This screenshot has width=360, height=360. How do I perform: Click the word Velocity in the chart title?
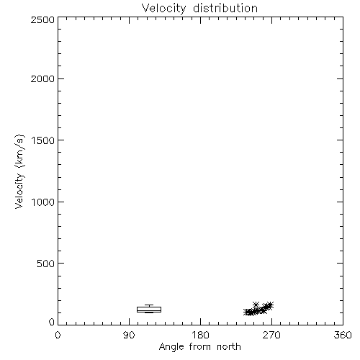[x=164, y=9]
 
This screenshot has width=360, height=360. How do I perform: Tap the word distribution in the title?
[x=225, y=9]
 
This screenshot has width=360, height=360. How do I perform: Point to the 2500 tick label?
[x=42, y=19]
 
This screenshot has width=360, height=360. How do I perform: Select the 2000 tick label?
[x=42, y=78]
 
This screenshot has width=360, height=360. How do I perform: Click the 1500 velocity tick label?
[x=43, y=140]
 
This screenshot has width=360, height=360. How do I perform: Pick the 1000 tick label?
[x=43, y=202]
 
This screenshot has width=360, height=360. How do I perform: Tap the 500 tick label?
[x=46, y=264]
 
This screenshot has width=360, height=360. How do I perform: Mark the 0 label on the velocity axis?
[x=52, y=322]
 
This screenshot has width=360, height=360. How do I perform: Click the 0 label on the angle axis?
[x=58, y=335]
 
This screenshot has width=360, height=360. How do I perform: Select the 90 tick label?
[x=129, y=335]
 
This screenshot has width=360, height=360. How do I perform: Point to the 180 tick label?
[x=200, y=335]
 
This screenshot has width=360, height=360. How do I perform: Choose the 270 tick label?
[x=271, y=335]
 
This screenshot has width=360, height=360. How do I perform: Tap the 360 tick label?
[x=343, y=335]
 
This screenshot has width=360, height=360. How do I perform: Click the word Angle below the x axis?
[x=171, y=347]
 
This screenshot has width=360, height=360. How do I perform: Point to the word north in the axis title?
[x=229, y=347]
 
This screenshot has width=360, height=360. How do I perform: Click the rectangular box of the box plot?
[x=149, y=307]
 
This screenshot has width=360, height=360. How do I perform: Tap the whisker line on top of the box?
[x=149, y=305]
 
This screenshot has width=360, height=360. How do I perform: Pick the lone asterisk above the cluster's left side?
[x=256, y=305]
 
